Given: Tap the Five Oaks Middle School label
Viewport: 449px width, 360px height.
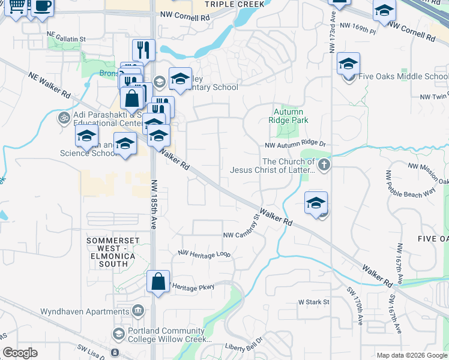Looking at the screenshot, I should pos(403,77).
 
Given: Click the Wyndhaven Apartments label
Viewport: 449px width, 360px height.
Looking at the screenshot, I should pos(84,311).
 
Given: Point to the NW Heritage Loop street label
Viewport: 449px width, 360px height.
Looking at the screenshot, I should pos(204,254).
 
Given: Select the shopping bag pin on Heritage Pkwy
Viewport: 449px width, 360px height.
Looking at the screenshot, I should pos(158,281).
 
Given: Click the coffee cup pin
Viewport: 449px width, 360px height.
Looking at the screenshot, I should pos(42,6).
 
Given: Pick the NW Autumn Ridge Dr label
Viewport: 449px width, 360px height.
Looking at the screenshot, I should pos(295,145).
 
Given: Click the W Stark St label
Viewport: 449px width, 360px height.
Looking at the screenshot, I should pos(314,302).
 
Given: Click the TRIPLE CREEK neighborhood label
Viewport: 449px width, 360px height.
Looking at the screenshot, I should pos(234,4).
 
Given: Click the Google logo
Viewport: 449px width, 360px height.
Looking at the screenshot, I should pos(20,353).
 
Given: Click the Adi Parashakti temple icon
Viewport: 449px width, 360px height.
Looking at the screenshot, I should pos(64,117).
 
